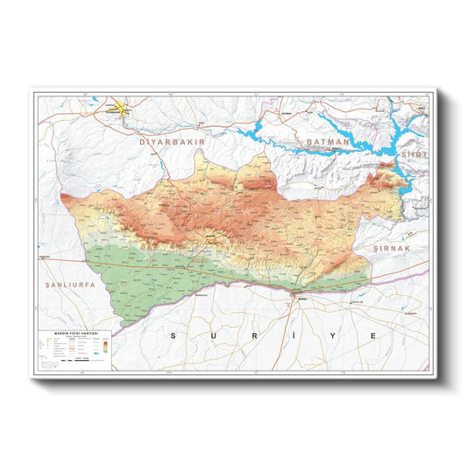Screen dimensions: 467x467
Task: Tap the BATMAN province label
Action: point(327,141)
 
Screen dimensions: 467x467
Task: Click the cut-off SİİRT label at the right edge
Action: point(414,153)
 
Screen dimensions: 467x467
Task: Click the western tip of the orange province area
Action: point(62,196)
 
